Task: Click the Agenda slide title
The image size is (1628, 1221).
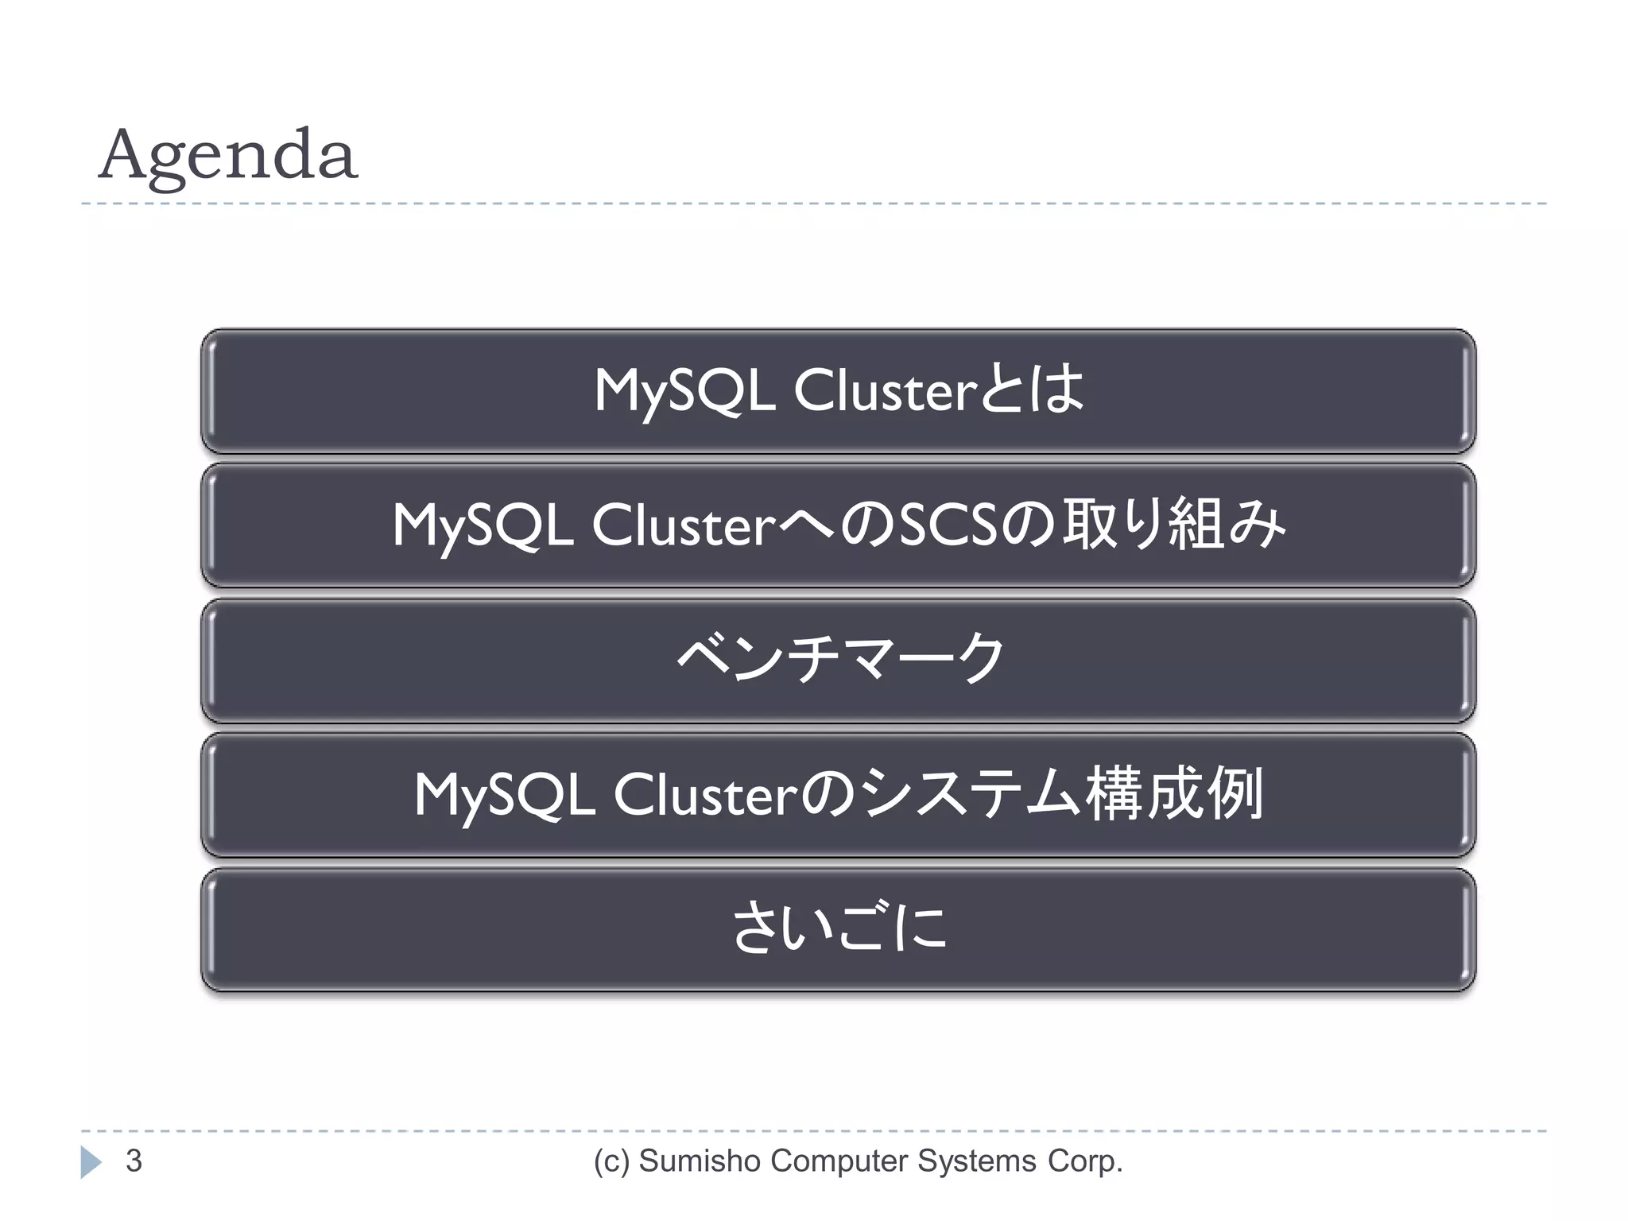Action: click(228, 156)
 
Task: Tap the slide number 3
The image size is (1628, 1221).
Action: click(134, 1161)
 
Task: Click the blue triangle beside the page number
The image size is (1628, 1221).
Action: click(91, 1162)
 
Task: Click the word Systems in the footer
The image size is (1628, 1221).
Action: click(977, 1162)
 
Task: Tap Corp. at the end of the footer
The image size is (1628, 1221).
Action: click(1085, 1162)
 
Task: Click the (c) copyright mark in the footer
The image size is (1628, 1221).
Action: click(612, 1162)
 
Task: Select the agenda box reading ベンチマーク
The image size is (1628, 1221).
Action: click(839, 660)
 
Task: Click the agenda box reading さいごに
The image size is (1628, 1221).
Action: click(839, 928)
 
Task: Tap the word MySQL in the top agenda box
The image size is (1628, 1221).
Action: click(685, 391)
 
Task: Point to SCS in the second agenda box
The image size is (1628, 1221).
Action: click(948, 525)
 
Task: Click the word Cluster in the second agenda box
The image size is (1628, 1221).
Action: click(684, 525)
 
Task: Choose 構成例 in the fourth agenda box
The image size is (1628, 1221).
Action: click(1174, 794)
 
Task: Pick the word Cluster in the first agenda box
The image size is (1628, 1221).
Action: click(886, 391)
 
